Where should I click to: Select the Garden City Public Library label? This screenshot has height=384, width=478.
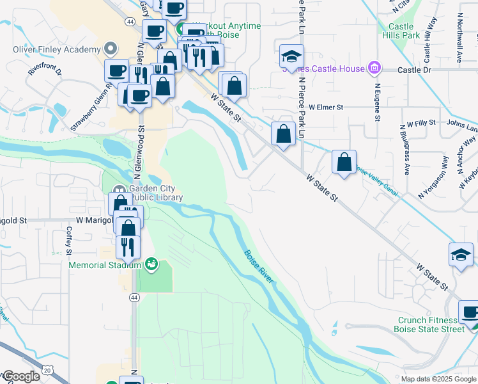coord(156,193)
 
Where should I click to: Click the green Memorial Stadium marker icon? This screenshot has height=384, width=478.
coord(151,263)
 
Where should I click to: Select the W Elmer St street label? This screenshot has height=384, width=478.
coord(326,108)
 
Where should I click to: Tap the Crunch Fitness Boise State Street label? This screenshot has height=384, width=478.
coord(431,324)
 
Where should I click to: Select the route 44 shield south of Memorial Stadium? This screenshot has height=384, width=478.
coord(134,297)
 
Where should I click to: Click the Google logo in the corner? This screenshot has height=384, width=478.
coord(21,376)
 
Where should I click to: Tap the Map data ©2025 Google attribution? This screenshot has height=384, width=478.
coord(438,379)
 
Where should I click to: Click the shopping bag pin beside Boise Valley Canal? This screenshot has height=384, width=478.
coord(344,163)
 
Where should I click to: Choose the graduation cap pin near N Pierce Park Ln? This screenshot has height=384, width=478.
coord(291,56)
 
